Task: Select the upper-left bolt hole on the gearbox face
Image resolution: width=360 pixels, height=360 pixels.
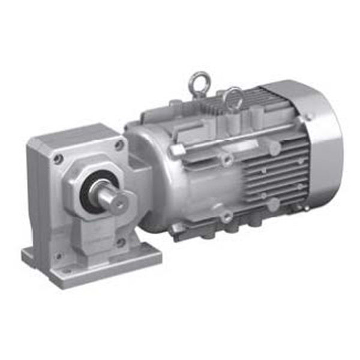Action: (58, 159)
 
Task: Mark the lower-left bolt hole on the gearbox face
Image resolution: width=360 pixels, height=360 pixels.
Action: (58, 256)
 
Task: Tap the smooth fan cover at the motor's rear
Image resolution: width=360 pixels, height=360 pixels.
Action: (321, 147)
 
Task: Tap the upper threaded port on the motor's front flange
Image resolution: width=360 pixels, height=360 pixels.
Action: (226, 160)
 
